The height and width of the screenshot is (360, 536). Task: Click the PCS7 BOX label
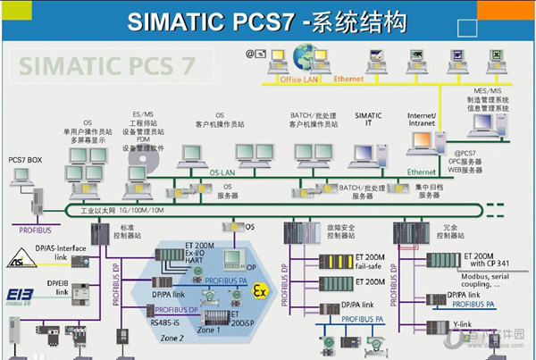coord(25,159)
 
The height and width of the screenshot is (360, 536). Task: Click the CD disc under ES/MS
coord(147,160)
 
